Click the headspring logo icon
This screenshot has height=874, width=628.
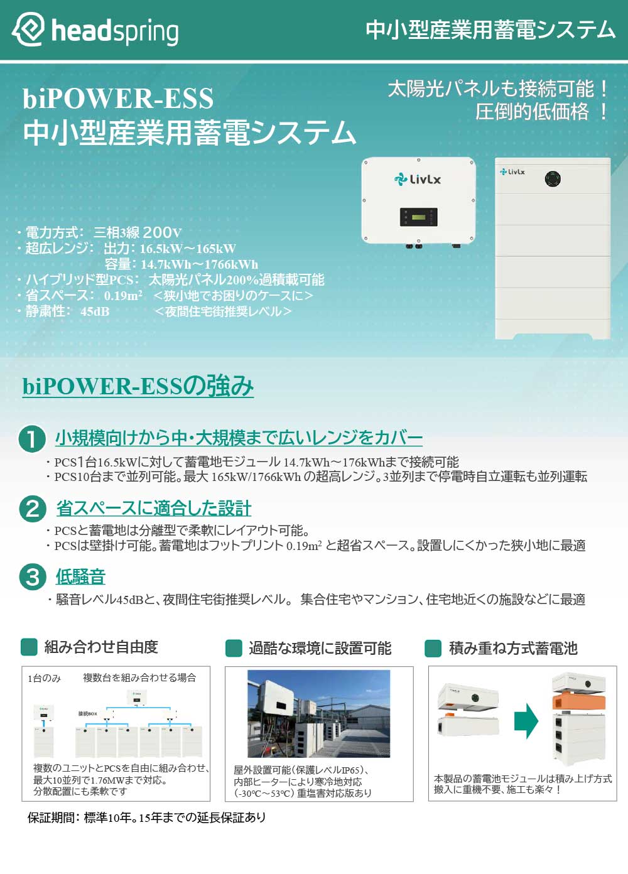tap(28, 30)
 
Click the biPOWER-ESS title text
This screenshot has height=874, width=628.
tap(118, 99)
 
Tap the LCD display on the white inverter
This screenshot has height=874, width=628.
tap(418, 217)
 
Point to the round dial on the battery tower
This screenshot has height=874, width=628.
tap(552, 179)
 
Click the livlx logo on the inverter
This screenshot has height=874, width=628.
tap(418, 180)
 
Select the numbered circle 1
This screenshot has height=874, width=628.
tap(32, 438)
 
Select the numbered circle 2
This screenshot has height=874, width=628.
tap(32, 508)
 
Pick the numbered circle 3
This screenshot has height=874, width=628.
tap(32, 576)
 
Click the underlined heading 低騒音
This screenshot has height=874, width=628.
tap(80, 576)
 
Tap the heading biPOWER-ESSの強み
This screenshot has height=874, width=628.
tap(138, 386)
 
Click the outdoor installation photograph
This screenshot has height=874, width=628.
tap(318, 713)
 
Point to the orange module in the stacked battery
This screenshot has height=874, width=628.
tap(578, 701)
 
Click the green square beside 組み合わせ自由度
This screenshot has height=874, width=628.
tap(29, 647)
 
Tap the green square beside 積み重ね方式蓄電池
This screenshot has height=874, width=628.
tap(433, 648)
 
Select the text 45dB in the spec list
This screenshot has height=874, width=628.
tap(95, 311)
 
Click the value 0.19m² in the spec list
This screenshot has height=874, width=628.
tap(123, 296)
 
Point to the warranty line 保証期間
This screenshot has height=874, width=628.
tap(146, 817)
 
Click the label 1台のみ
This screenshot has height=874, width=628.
tap(44, 678)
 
